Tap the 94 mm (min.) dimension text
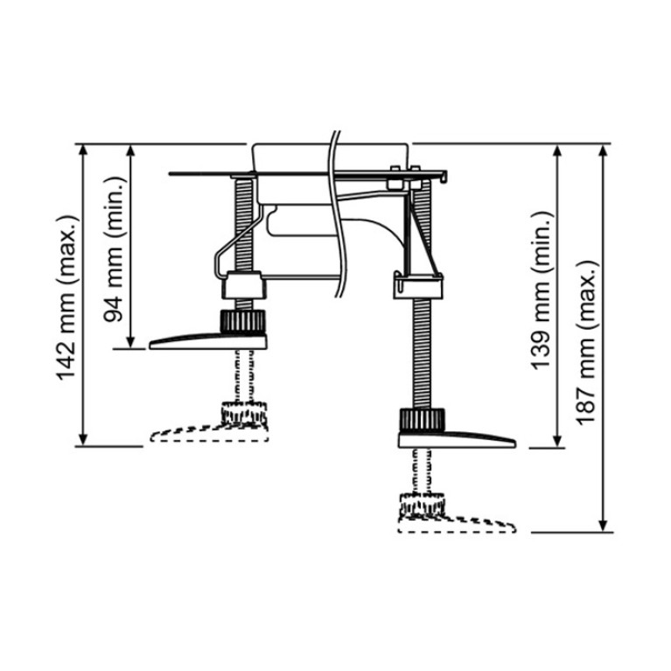(x=114, y=249)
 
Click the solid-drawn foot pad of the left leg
(x=208, y=341)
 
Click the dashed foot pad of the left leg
(x=210, y=433)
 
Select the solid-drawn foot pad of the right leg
(x=457, y=439)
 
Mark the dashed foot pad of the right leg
(x=457, y=525)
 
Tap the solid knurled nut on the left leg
(x=242, y=321)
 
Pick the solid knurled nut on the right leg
(x=423, y=420)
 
